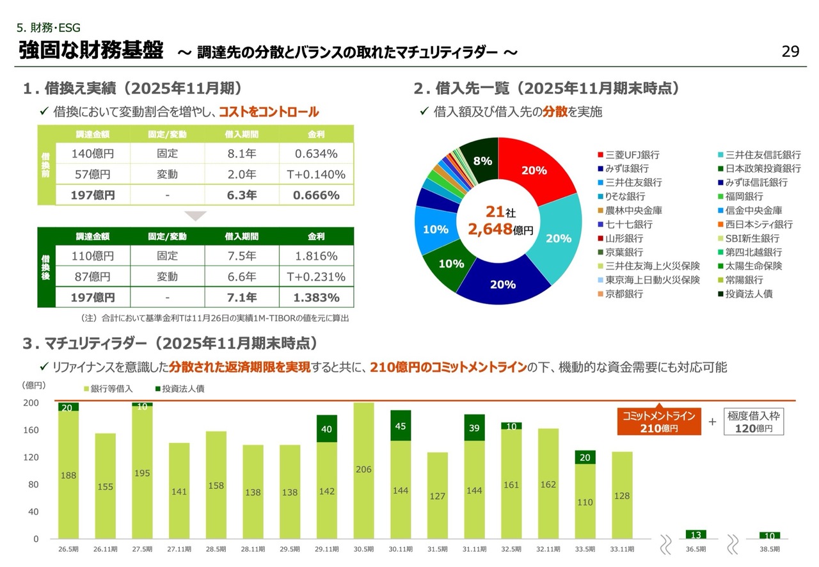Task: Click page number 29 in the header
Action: pos(791,52)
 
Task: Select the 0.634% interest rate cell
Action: pos(316,154)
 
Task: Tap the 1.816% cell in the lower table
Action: pos(316,256)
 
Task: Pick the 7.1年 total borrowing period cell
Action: pos(242,298)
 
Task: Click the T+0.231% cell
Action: pos(316,277)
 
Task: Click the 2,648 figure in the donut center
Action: pos(490,229)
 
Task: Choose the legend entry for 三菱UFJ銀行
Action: pos(628,155)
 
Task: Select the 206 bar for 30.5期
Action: pos(363,470)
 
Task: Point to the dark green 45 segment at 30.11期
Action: pos(401,426)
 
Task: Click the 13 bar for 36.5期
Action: pos(696,534)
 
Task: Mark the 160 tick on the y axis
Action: pos(31,430)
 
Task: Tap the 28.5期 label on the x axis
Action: pos(216,549)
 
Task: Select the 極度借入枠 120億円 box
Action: pos(754,422)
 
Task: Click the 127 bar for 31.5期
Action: pos(437,496)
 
